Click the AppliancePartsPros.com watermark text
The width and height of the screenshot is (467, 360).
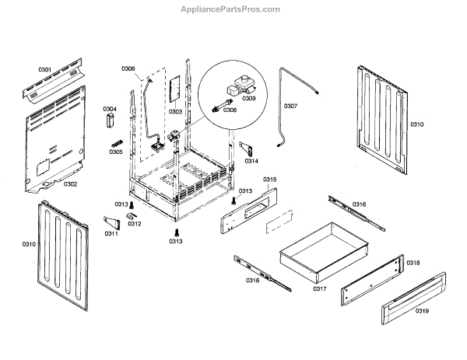point(234,9)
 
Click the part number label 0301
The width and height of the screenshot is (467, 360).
point(44,71)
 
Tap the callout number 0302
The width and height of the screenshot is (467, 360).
point(70,184)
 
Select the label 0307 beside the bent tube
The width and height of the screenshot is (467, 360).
point(290,105)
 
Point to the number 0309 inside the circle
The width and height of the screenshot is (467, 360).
point(249,99)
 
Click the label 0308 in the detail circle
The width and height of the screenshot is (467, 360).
point(230,110)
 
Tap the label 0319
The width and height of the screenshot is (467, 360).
point(422,311)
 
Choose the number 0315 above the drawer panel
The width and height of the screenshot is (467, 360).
point(269,180)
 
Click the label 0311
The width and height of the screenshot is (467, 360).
point(111,233)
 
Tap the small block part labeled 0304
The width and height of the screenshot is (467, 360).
point(110,122)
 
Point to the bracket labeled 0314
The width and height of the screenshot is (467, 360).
point(244,148)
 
